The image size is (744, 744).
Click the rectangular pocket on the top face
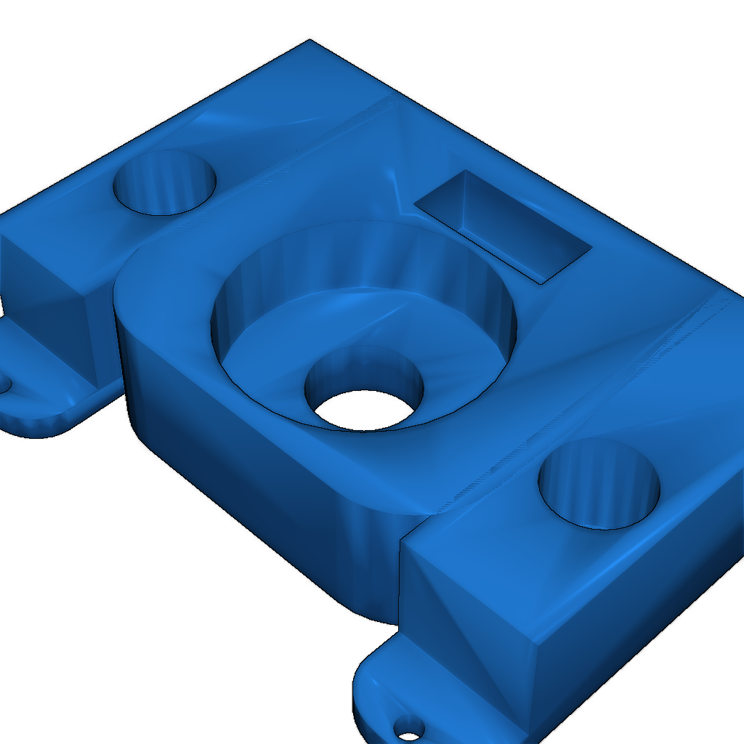(509, 232)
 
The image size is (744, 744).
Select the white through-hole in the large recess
(363, 410)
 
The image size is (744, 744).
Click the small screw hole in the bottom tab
(409, 726)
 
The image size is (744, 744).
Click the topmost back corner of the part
(310, 40)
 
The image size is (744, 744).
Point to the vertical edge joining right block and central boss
(400, 581)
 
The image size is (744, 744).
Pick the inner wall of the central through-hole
(363, 371)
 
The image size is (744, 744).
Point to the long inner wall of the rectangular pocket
(501, 211)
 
